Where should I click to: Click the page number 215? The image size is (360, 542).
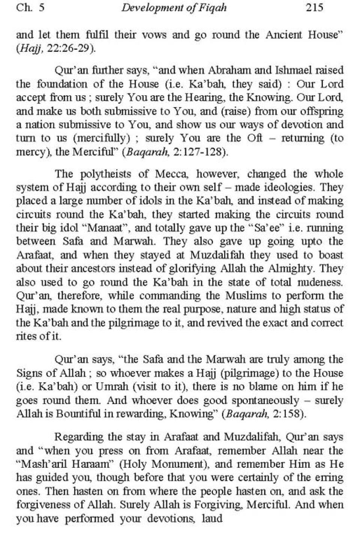[314, 7]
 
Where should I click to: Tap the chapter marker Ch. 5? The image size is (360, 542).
[30, 7]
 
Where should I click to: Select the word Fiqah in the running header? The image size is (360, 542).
[214, 8]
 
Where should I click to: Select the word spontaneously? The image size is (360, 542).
[265, 400]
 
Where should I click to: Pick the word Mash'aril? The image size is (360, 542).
[41, 464]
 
